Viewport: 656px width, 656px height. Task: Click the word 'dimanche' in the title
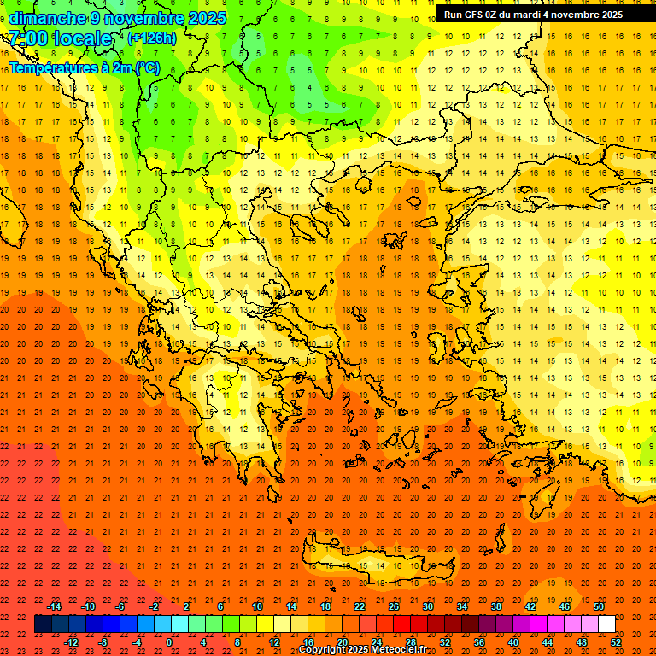point(47,18)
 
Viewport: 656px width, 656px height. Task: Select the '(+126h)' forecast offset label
point(152,38)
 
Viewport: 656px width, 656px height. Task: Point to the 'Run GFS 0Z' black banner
point(544,15)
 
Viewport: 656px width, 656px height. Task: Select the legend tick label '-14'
point(54,606)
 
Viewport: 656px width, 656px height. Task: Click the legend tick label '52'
point(616,642)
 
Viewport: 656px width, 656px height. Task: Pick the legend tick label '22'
point(360,606)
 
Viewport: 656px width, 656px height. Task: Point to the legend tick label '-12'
point(71,642)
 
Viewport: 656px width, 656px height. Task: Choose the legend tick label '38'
point(495,606)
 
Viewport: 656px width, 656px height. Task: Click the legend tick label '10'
point(257,606)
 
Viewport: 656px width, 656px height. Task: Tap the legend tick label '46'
point(564,606)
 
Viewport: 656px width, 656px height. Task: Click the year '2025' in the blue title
point(208,18)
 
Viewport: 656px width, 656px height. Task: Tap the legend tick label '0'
point(169,642)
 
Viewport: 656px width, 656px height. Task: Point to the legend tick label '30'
point(428,606)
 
